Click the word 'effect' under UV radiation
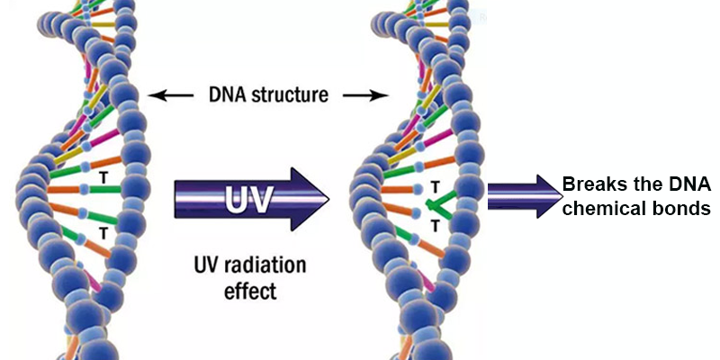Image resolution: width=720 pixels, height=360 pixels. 248,292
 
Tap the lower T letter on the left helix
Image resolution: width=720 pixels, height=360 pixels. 103,232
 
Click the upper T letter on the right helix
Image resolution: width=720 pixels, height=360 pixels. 436,186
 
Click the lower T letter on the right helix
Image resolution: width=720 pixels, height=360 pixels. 435,227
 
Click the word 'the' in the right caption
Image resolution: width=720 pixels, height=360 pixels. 651,184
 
